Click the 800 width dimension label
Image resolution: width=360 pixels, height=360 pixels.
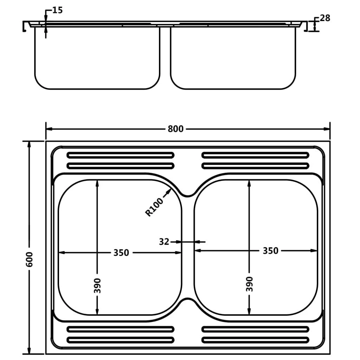coord(175,129)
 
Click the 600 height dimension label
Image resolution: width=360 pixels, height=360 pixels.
coord(29,259)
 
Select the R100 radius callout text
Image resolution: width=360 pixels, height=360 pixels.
coord(154,207)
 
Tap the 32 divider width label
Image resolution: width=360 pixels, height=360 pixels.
coord(164,242)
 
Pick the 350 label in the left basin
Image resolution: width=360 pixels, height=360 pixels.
coord(121,252)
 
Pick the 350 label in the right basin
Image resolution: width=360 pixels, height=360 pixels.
coord(270,250)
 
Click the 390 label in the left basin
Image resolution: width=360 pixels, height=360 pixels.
coord(97,285)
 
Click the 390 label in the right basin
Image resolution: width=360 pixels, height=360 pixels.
coord(249,284)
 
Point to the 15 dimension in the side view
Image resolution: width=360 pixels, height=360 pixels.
coord(57,10)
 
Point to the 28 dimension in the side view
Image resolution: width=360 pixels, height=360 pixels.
coord(325,18)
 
